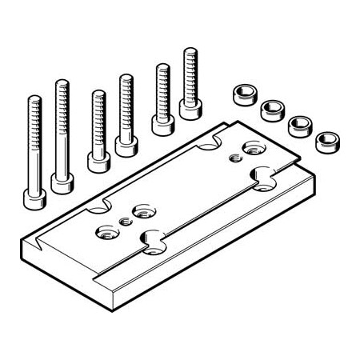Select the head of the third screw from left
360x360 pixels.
pos(98,162)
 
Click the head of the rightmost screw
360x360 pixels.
pos(190,108)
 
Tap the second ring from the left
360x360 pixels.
pos(273,109)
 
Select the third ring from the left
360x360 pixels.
pos(299,125)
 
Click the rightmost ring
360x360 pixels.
pos(326,142)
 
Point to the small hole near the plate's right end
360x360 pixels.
pos(234,158)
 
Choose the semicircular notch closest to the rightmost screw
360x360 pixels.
pos(211,142)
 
